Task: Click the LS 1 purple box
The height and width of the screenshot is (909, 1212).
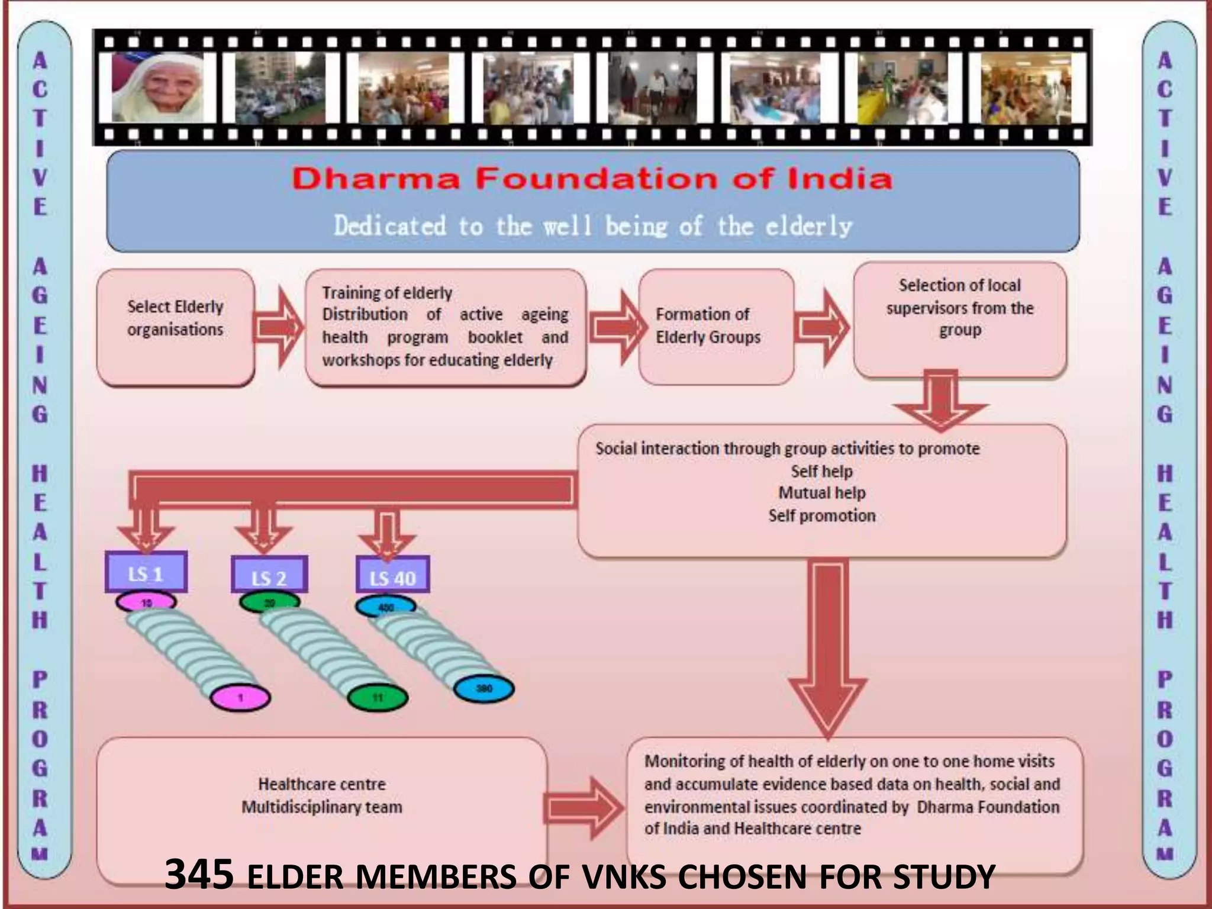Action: (x=146, y=572)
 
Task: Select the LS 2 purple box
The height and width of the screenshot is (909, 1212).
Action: (x=269, y=575)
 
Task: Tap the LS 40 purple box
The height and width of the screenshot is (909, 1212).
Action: (x=392, y=575)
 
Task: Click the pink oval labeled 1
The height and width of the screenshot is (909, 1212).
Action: (x=240, y=698)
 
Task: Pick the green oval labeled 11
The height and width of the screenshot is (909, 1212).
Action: (x=377, y=698)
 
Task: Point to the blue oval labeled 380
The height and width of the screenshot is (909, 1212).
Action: (x=483, y=689)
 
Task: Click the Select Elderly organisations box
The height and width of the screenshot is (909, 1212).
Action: (x=175, y=327)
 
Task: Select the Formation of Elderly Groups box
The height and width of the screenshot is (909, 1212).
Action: (x=715, y=326)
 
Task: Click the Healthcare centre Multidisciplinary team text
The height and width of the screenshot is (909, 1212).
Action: (x=322, y=795)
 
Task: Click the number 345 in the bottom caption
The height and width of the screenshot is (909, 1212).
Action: (x=199, y=875)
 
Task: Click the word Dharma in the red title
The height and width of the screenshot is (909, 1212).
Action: (x=376, y=179)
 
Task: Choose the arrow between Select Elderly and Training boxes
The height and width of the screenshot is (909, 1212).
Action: (x=278, y=327)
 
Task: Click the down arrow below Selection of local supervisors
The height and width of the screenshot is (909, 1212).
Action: (x=940, y=399)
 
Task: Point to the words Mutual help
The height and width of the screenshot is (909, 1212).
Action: (x=821, y=493)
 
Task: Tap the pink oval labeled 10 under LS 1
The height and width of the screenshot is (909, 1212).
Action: (x=146, y=602)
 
